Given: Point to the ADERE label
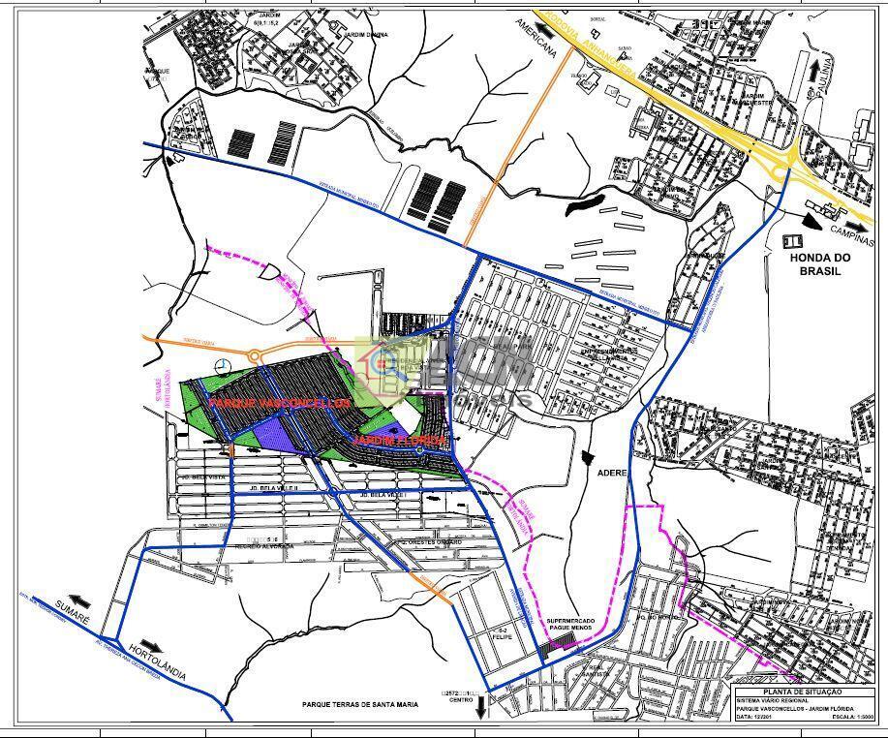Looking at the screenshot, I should point(613,474).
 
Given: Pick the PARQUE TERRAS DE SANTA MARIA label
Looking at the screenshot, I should point(360,705).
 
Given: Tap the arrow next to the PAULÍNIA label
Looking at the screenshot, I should point(803,65).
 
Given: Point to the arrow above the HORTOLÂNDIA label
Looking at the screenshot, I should point(156,644).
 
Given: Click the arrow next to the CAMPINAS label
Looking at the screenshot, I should point(812,219).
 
